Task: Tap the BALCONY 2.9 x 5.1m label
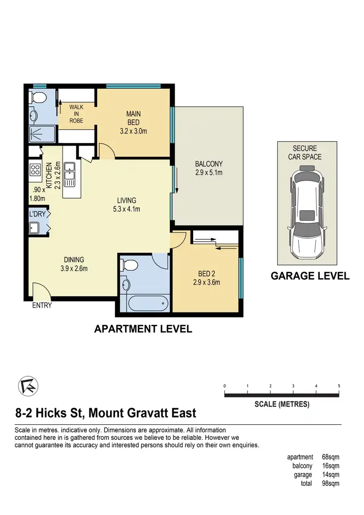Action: [208, 168]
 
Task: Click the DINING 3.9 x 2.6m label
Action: [73, 264]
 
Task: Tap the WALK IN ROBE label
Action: [77, 114]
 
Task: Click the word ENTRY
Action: [42, 305]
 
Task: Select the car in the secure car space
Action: [307, 213]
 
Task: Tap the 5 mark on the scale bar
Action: [339, 386]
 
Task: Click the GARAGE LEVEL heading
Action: [310, 276]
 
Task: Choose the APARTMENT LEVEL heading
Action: [143, 329]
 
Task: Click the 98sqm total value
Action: [331, 483]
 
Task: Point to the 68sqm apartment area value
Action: [331, 457]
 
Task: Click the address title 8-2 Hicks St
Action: [106, 413]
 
